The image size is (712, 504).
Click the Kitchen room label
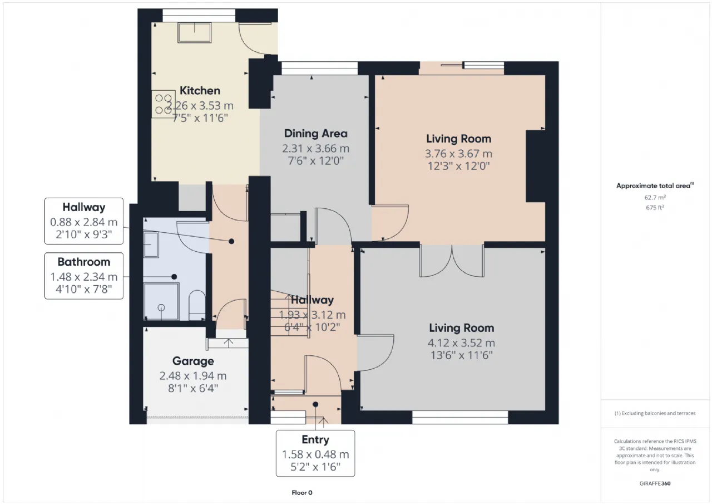(200, 91)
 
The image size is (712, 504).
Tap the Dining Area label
(315, 134)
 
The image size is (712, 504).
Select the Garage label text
(193, 361)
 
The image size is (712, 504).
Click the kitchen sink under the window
(195, 32)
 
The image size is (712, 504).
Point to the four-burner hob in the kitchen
(163, 104)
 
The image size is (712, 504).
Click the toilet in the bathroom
(197, 305)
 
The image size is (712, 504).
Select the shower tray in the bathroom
(161, 301)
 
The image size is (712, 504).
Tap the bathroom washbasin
(151, 244)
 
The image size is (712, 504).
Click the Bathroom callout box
(84, 276)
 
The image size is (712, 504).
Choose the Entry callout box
(315, 453)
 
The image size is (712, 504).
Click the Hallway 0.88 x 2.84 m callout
(84, 221)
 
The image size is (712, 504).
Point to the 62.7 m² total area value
(655, 197)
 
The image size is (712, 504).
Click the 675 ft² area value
(655, 208)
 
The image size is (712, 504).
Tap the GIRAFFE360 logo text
(655, 483)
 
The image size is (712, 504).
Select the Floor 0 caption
(302, 492)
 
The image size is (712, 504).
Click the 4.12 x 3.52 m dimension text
(461, 343)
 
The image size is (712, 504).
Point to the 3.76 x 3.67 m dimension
(459, 154)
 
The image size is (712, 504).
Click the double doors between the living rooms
(452, 261)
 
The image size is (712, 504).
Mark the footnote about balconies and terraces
(655, 413)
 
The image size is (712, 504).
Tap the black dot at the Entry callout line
(315, 404)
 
